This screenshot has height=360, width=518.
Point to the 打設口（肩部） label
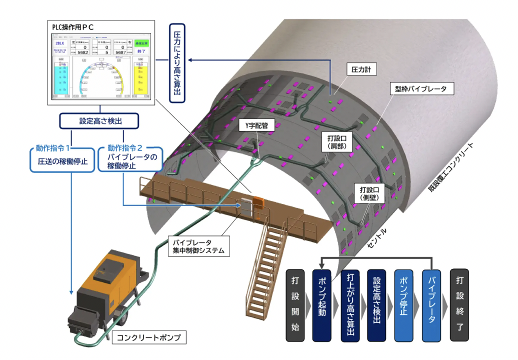(336, 141)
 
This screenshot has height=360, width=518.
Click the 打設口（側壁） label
(370, 193)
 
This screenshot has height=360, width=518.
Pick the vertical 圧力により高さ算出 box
(177, 63)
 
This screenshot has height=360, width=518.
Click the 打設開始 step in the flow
(295, 306)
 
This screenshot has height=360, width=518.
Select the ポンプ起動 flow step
(322, 306)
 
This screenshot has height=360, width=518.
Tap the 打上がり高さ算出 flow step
(350, 306)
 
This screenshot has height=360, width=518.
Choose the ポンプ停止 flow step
(404, 306)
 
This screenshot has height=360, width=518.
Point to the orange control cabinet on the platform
(257, 201)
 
